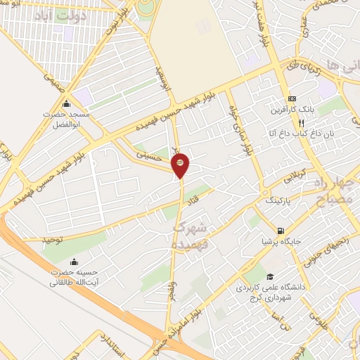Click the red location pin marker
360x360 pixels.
(x=180, y=164)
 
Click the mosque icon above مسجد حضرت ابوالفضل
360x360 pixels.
(x=65, y=104)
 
